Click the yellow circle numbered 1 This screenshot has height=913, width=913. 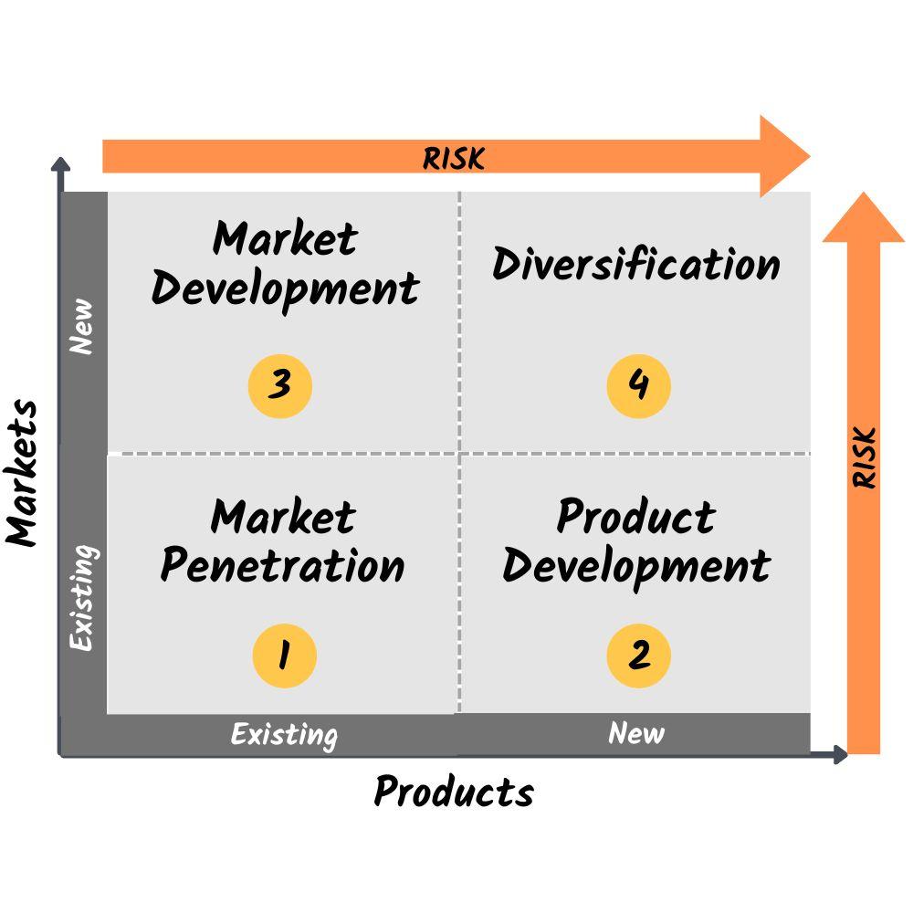point(284,656)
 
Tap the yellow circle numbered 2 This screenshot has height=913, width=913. point(639,656)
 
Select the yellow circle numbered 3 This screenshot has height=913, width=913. point(280,386)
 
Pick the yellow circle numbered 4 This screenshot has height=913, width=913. point(639,386)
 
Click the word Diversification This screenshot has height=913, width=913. point(636,265)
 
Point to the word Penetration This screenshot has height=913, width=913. point(282,566)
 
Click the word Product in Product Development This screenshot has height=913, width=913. point(636,517)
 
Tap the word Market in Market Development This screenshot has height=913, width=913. point(285,239)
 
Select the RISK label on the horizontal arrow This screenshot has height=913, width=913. point(454,158)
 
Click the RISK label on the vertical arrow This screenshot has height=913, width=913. point(865,457)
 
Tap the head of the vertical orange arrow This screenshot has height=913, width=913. point(864,220)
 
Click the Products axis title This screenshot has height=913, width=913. point(454,792)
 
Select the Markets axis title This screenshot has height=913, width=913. point(23,473)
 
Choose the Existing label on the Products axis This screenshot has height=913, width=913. point(283,734)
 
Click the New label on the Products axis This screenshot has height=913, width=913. point(636,732)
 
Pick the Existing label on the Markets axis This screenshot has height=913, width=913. point(83,598)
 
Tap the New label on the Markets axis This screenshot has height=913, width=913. point(82,326)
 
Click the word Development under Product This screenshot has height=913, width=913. point(636,566)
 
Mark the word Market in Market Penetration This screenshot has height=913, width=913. point(283,518)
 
